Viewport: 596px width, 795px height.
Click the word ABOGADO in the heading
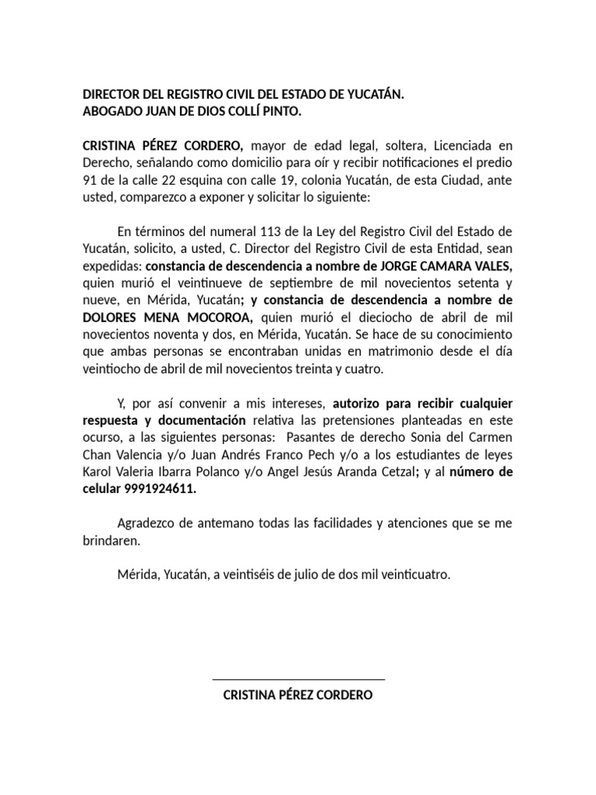pyautogui.click(x=111, y=110)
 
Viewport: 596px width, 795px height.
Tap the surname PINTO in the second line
pyautogui.click(x=279, y=110)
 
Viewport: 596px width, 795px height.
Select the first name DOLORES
pyautogui.click(x=111, y=318)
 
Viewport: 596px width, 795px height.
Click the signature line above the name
pyautogui.click(x=298, y=679)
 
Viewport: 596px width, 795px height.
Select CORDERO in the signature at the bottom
pyautogui.click(x=341, y=696)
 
